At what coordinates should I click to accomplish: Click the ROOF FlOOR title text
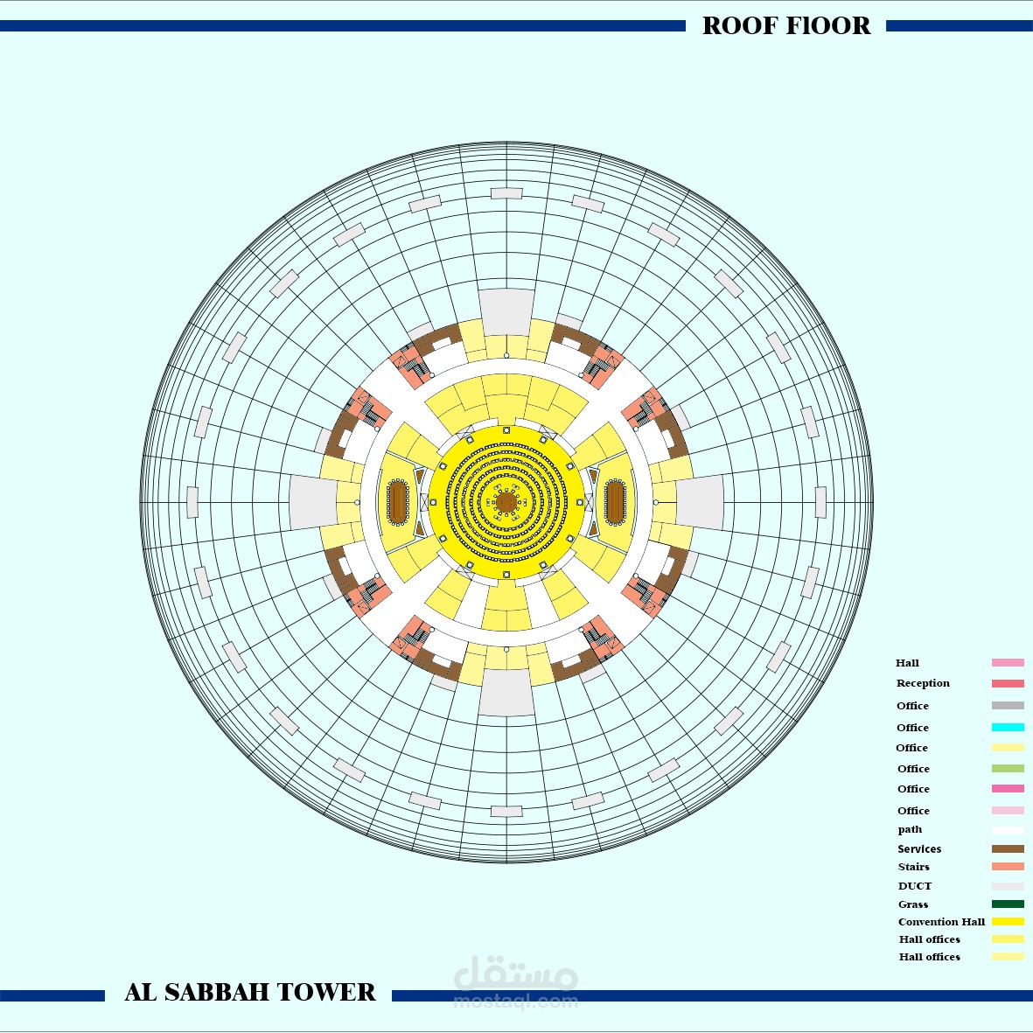point(786,25)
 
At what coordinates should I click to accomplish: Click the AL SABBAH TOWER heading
point(249,992)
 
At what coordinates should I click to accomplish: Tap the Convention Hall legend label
point(941,922)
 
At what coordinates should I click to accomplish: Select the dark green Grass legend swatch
point(1008,904)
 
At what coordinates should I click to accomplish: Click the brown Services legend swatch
point(1008,848)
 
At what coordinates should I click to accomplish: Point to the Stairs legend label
point(914,867)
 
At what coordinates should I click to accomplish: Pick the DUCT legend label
point(914,886)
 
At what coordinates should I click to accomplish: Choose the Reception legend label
point(923,683)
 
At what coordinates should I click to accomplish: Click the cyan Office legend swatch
point(1008,728)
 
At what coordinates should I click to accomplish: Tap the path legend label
point(910,829)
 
